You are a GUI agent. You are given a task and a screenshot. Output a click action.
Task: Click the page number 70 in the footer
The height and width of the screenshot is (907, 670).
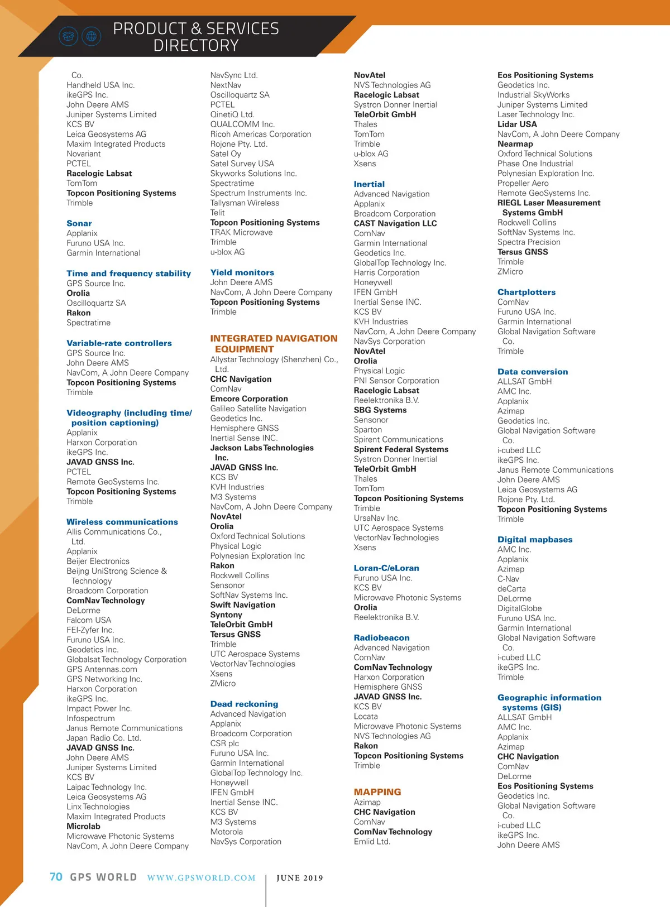pyautogui.click(x=56, y=877)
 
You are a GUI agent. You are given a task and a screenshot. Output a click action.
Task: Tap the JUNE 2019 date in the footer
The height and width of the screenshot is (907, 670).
pyautogui.click(x=300, y=878)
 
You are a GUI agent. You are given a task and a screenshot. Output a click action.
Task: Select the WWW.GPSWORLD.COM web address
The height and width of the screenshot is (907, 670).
pyautogui.click(x=201, y=878)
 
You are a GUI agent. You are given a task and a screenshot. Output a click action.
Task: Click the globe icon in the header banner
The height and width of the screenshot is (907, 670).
pyautogui.click(x=92, y=37)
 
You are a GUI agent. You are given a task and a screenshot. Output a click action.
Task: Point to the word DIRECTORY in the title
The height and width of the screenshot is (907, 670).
pyautogui.click(x=196, y=45)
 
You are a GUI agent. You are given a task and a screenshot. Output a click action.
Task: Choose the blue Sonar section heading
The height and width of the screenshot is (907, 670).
pyautogui.click(x=79, y=223)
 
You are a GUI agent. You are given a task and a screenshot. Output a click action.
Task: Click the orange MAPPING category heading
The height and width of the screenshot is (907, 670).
pyautogui.click(x=377, y=792)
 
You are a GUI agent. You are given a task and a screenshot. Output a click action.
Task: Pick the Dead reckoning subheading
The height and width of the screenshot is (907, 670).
pyautogui.click(x=244, y=704)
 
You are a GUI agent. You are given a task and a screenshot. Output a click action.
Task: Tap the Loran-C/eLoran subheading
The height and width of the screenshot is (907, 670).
pyautogui.click(x=386, y=568)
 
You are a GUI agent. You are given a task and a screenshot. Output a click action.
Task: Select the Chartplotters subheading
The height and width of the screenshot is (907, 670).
pyautogui.click(x=527, y=292)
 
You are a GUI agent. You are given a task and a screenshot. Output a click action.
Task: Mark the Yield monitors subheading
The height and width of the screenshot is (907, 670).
pyautogui.click(x=242, y=273)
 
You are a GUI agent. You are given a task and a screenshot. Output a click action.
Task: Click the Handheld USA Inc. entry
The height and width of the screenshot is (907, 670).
pyautogui.click(x=100, y=85)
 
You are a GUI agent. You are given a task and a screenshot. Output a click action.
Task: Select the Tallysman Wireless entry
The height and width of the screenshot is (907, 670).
pyautogui.click(x=245, y=203)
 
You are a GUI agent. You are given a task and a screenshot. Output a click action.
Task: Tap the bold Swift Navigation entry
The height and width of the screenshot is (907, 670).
pyautogui.click(x=243, y=605)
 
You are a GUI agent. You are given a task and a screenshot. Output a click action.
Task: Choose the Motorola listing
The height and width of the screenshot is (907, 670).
pyautogui.click(x=227, y=832)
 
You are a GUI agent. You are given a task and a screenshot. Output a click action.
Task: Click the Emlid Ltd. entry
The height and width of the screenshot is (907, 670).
pyautogui.click(x=372, y=842)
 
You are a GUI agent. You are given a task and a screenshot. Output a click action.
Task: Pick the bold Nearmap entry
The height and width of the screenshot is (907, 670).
pyautogui.click(x=515, y=144)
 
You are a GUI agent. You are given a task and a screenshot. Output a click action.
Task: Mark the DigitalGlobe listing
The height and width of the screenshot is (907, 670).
pyautogui.click(x=520, y=608)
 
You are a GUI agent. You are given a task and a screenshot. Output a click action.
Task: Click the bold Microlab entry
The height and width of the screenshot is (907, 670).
pyautogui.click(x=84, y=827)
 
